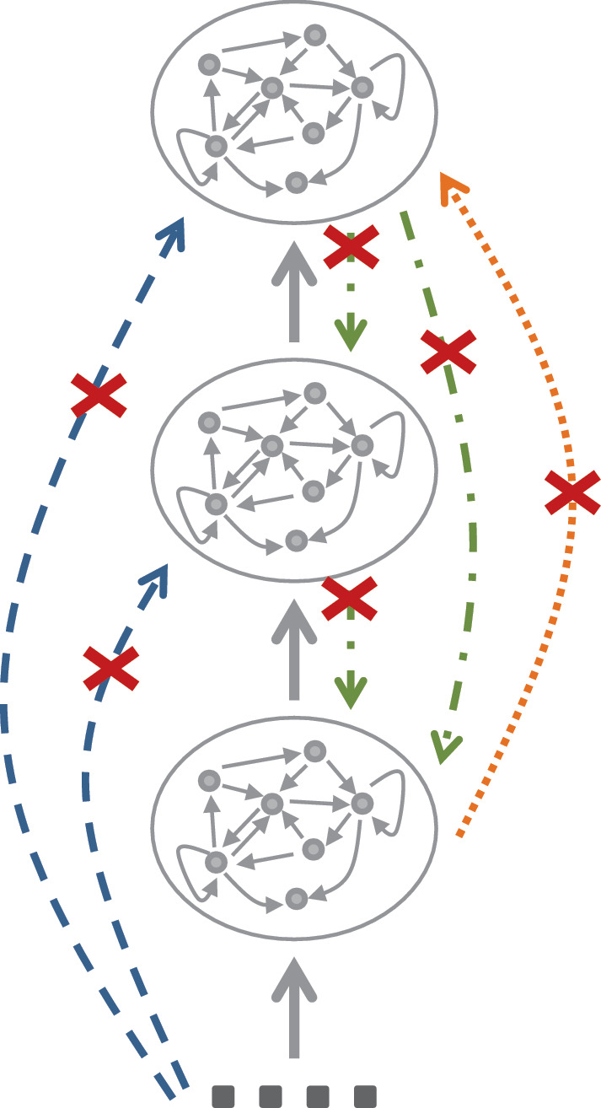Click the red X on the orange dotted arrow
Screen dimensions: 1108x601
click(571, 493)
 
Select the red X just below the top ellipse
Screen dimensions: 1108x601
click(350, 248)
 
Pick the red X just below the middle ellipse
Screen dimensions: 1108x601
click(350, 600)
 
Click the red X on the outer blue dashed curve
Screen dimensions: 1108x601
click(99, 394)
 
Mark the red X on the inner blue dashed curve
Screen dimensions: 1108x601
click(111, 670)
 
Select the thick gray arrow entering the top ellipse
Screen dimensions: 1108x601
click(293, 291)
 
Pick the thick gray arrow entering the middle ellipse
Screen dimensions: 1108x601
click(293, 648)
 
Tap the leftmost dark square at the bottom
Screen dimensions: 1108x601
click(223, 1096)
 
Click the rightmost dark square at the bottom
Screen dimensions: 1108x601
click(365, 1096)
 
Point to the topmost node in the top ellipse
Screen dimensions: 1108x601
click(315, 35)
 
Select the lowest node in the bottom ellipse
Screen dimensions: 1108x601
click(296, 899)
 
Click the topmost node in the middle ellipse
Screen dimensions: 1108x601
click(315, 392)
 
